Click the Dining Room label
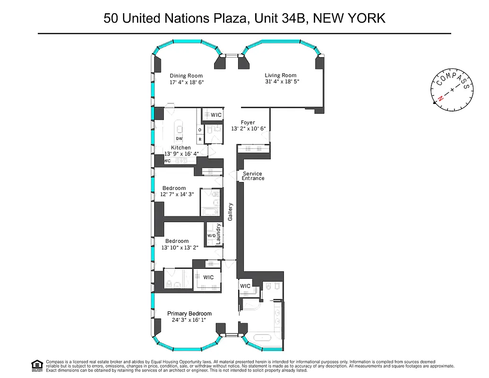pyautogui.click(x=186, y=76)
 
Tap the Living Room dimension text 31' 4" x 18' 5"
pyautogui.click(x=282, y=81)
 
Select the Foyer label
pyautogui.click(x=248, y=122)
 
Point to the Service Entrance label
pyautogui.click(x=253, y=176)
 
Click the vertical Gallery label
pyautogui.click(x=231, y=212)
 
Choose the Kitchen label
pyautogui.click(x=181, y=148)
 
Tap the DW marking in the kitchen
pyautogui.click(x=179, y=138)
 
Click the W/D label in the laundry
pyautogui.click(x=211, y=236)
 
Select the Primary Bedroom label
pyautogui.click(x=190, y=314)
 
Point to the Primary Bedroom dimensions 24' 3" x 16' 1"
pyautogui.click(x=189, y=320)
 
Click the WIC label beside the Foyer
pyautogui.click(x=216, y=115)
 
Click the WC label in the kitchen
pyautogui.click(x=167, y=161)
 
